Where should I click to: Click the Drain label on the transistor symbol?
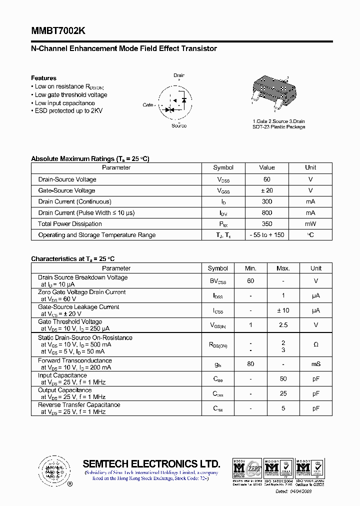pyautogui.click(x=179, y=75)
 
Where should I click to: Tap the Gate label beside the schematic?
pyautogui.click(x=148, y=105)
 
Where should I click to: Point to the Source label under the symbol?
pyautogui.click(x=179, y=125)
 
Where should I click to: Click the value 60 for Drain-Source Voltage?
pyautogui.click(x=267, y=179)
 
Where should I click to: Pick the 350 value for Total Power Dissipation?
pyautogui.click(x=267, y=224)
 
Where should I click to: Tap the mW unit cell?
pyautogui.click(x=310, y=224)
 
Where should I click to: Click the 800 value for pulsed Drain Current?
pyautogui.click(x=267, y=213)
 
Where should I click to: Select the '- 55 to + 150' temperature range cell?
pyautogui.click(x=267, y=235)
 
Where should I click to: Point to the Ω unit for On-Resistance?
pyautogui.click(x=316, y=344)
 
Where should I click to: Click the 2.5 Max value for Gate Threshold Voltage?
pyautogui.click(x=283, y=325)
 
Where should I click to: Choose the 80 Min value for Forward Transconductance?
pyautogui.click(x=250, y=364)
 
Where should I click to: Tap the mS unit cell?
pyautogui.click(x=316, y=364)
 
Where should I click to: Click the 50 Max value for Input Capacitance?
pyautogui.click(x=283, y=379)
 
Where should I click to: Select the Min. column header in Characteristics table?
pyautogui.click(x=250, y=268)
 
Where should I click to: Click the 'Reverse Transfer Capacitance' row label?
pyautogui.click(x=79, y=405)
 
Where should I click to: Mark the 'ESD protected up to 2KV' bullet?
pyautogui.click(x=68, y=111)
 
